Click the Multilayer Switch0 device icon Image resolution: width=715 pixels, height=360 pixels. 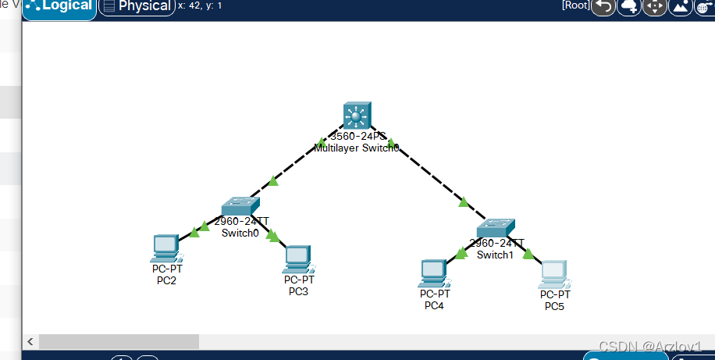click(x=356, y=116)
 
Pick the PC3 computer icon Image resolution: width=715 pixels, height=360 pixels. click(x=298, y=258)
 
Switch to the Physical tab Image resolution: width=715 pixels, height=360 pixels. click(x=137, y=7)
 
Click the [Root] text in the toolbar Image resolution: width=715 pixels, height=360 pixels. click(x=575, y=5)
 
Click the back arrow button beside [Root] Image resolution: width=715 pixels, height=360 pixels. click(x=603, y=7)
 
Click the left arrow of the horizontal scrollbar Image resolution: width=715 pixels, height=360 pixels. click(x=30, y=342)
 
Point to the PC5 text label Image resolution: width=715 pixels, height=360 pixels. click(x=554, y=306)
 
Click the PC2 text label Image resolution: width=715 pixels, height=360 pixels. click(x=166, y=280)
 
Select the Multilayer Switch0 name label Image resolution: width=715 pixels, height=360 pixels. click(x=357, y=147)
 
